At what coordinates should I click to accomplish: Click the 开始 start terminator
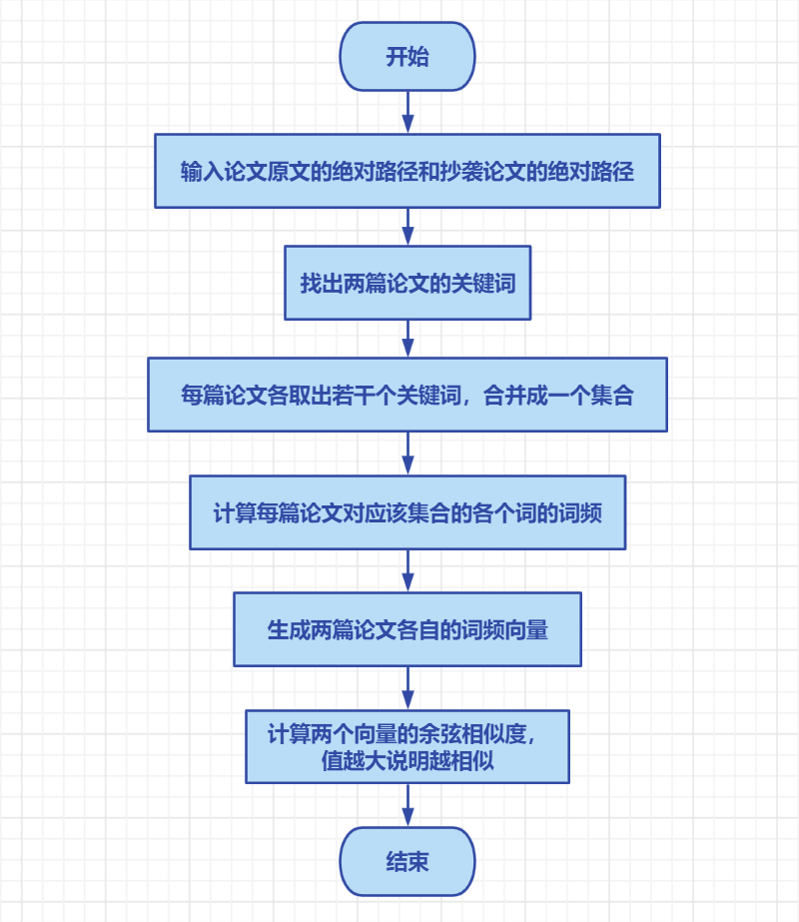coord(406,57)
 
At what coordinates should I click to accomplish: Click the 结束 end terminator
coord(406,861)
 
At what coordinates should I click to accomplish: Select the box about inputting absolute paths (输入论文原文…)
coord(406,171)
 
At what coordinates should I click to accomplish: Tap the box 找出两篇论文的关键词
coord(406,283)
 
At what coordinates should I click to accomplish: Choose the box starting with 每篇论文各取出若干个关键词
coord(406,395)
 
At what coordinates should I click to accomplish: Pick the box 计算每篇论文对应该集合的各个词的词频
coord(406,512)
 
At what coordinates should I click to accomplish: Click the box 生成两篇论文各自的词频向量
coord(406,629)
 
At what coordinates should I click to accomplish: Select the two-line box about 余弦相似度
coord(406,746)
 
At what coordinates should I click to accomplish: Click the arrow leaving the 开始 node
coord(407,112)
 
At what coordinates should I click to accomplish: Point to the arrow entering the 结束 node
coord(407,805)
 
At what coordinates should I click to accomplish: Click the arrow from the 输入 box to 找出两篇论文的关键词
coord(407,227)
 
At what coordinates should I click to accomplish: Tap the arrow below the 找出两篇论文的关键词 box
coord(407,339)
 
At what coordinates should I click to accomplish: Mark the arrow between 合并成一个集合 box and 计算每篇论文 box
coord(407,454)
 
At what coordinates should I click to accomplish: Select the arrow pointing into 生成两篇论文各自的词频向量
coord(407,570)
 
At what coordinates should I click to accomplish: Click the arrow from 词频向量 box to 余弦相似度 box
coord(407,688)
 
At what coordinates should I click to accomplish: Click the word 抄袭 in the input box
coord(456,171)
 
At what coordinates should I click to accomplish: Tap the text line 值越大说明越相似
coord(406,760)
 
